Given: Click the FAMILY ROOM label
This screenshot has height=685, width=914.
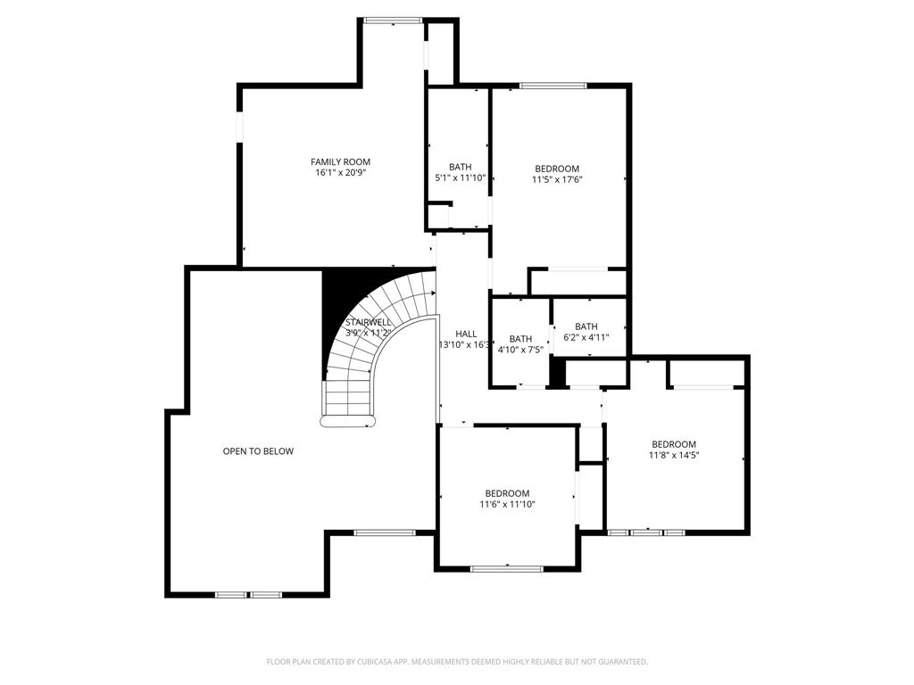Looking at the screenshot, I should (x=340, y=161).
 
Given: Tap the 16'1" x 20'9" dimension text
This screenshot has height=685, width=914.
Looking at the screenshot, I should (x=340, y=173).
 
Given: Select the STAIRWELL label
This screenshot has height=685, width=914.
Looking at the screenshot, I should (x=369, y=322).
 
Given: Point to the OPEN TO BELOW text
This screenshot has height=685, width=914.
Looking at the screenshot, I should (x=258, y=451).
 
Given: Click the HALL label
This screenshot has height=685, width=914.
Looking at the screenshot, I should (x=465, y=334).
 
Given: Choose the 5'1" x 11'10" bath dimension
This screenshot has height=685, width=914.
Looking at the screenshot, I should (x=460, y=178).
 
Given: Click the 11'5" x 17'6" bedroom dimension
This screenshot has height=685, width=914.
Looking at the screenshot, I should (x=557, y=179).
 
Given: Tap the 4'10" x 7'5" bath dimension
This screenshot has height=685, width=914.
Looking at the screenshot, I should (x=520, y=350).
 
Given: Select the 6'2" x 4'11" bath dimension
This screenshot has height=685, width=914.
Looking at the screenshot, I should (x=586, y=337).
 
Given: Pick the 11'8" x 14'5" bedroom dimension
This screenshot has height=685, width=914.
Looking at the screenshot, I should (x=674, y=455).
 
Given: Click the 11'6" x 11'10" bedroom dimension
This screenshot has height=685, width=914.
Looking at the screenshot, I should (x=507, y=504).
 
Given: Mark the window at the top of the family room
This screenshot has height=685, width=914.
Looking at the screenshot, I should (x=393, y=20).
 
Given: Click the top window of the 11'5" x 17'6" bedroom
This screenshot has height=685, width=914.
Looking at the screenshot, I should (x=553, y=86).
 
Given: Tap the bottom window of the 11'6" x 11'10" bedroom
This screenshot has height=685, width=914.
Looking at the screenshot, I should (x=506, y=568).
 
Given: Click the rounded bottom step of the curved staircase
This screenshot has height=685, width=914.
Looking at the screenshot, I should (x=346, y=422).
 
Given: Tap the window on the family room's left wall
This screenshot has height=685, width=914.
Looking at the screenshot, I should (x=238, y=126).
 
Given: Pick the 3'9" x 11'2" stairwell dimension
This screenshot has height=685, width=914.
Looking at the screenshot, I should (x=369, y=333).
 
